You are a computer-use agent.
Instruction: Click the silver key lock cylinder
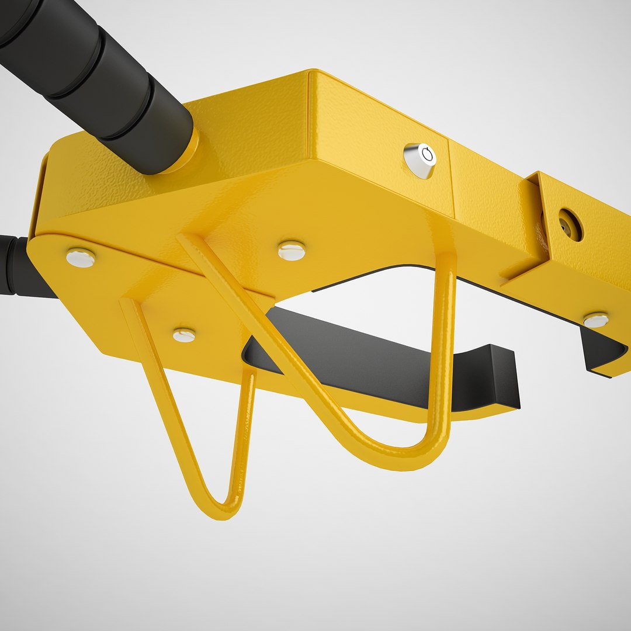point(419,160)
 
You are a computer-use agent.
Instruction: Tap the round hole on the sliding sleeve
point(569,224)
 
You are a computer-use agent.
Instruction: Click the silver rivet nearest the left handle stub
point(81,257)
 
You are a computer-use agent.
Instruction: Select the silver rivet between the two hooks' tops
point(292,251)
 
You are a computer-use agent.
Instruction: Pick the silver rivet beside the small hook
point(184,335)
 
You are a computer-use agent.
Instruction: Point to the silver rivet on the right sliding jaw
point(596,320)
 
